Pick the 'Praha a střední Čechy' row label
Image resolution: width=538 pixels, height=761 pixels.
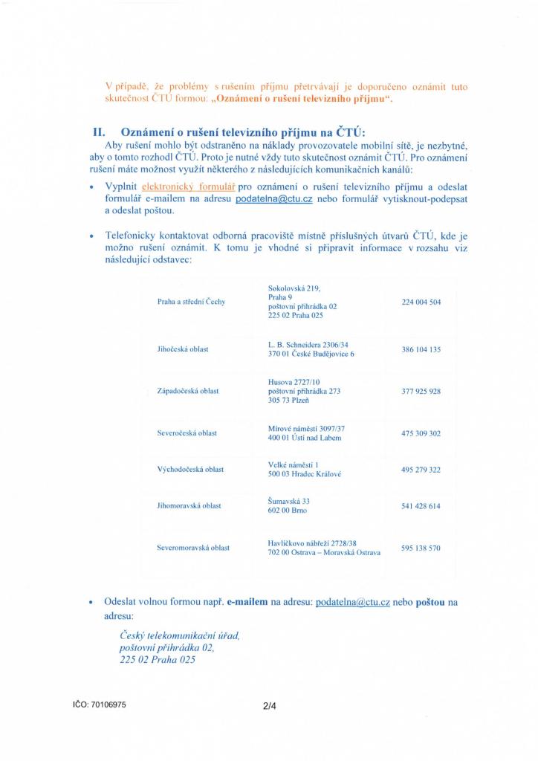point(191,302)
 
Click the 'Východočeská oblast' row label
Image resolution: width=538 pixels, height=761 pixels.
point(190,470)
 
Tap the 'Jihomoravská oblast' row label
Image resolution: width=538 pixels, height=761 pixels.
point(189,506)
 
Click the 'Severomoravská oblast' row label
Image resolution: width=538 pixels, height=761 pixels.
point(193,548)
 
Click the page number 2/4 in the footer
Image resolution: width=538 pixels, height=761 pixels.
point(269,707)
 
